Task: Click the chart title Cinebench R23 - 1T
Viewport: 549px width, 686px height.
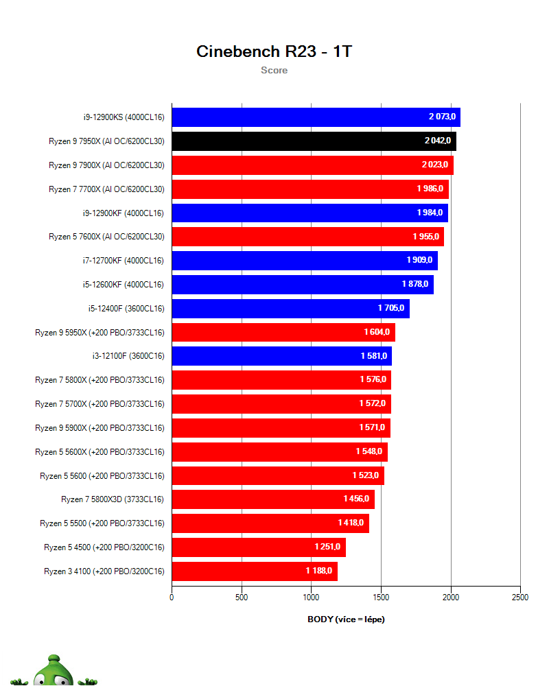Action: pos(274,51)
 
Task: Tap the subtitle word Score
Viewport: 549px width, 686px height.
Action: pos(274,70)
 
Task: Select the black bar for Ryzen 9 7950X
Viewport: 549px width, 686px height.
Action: pos(314,141)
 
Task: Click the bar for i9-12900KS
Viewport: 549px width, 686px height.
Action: pos(316,117)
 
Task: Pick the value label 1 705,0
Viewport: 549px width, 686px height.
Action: pos(391,309)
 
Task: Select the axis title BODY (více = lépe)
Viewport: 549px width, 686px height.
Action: pos(346,619)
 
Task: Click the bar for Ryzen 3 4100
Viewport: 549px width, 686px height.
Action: pos(254,571)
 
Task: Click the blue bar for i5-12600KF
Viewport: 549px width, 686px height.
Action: pos(302,285)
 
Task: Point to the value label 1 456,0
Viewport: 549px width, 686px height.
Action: pos(356,499)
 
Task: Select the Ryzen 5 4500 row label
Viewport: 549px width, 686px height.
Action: pos(104,547)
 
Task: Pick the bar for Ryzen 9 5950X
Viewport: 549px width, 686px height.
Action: pos(283,333)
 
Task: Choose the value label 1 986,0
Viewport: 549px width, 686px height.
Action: pos(430,189)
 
